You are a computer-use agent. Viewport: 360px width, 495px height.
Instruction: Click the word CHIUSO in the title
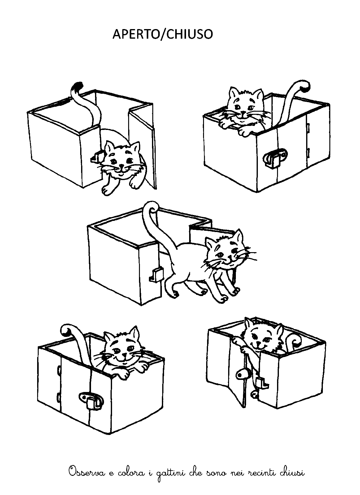coord(189,34)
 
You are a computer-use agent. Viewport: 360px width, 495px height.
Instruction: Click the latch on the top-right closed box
coord(275,158)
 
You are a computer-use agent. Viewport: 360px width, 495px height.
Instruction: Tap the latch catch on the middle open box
coord(157,275)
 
